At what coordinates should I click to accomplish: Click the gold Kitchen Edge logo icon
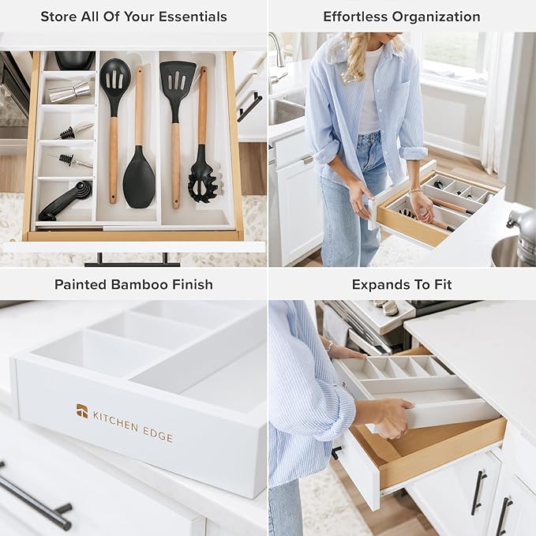(x=82, y=410)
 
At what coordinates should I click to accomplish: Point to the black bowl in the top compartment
(x=74, y=60)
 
